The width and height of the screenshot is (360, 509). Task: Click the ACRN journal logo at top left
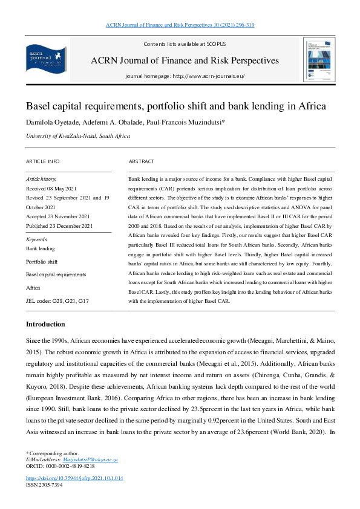click(x=47, y=60)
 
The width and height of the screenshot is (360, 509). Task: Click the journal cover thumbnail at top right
click(x=318, y=59)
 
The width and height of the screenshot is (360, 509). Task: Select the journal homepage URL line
click(x=185, y=76)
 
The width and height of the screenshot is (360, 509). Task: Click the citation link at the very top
click(x=180, y=25)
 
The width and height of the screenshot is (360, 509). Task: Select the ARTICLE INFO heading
click(x=42, y=161)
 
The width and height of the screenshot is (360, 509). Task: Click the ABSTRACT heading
click(x=142, y=161)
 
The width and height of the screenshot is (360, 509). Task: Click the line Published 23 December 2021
click(x=59, y=225)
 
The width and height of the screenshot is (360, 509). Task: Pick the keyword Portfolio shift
click(x=42, y=262)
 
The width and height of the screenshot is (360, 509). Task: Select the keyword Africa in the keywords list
click(x=33, y=288)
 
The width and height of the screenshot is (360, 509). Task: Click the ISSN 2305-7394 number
click(x=45, y=485)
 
